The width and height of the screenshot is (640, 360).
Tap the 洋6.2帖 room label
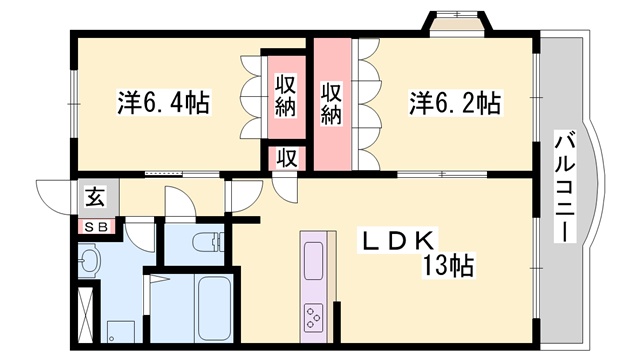pyautogui.click(x=454, y=102)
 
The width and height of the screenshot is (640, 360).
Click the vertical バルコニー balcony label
pyautogui.click(x=564, y=190)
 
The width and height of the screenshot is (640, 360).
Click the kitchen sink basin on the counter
pyautogui.click(x=314, y=262)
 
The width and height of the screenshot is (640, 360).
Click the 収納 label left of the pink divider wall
pyautogui.click(x=285, y=97)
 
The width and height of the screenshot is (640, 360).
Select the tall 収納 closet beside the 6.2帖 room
pyautogui.click(x=332, y=103)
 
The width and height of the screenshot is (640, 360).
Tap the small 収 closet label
pyautogui.click(x=285, y=158)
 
